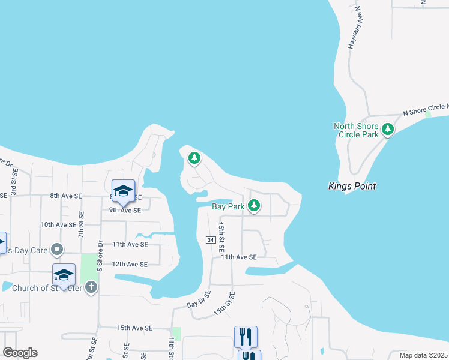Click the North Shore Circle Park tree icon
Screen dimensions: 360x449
[x=388, y=129]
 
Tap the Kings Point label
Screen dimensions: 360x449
[x=352, y=186]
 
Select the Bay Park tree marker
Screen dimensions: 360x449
[x=254, y=206]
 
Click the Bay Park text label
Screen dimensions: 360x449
[x=228, y=206]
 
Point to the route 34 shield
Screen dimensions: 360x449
[x=210, y=240]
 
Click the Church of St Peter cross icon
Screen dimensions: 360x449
[x=91, y=287]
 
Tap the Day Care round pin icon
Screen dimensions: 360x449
[x=57, y=248]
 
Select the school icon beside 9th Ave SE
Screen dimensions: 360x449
[x=124, y=191]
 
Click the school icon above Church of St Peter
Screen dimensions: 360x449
[x=64, y=275]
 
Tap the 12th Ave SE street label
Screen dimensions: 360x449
[x=130, y=264]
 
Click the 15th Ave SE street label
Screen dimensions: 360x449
[x=135, y=328]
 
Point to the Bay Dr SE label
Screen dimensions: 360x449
[x=199, y=299]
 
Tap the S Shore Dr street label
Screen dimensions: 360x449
[x=100, y=254]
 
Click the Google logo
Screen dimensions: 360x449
[x=20, y=353]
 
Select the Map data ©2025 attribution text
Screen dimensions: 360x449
[x=423, y=355]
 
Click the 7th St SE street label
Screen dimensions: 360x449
[x=81, y=223]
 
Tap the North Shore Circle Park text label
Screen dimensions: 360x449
[x=356, y=130]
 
